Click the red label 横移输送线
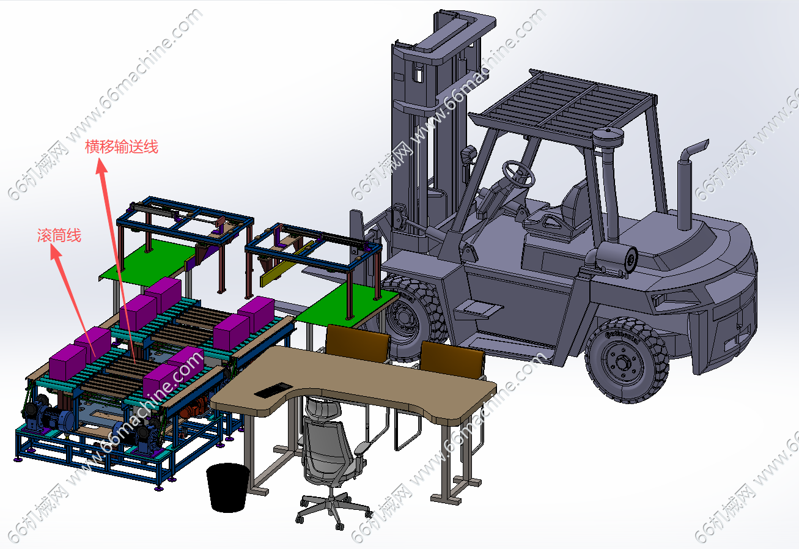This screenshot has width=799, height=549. [x=121, y=147]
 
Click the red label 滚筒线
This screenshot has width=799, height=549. [x=59, y=235]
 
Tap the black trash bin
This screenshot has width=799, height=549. [x=228, y=487]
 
